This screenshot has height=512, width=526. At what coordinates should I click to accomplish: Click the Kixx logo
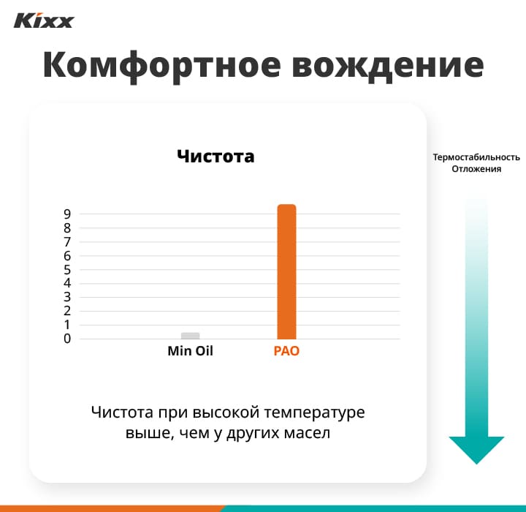(44, 20)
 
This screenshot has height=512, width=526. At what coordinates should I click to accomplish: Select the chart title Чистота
(216, 156)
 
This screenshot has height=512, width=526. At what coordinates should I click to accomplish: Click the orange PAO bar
(286, 271)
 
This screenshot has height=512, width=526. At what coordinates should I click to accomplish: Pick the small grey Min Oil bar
(190, 336)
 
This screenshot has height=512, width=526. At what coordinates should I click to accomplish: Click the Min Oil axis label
(190, 351)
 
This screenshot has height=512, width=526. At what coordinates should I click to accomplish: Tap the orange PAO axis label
(286, 351)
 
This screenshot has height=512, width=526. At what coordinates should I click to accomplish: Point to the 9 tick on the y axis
(66, 214)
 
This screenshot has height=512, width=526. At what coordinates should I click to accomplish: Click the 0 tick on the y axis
(66, 339)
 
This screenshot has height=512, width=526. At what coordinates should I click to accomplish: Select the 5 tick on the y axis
(66, 270)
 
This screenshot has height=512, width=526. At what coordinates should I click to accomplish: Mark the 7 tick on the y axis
(66, 242)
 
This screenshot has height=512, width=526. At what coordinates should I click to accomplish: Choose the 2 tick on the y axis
(66, 311)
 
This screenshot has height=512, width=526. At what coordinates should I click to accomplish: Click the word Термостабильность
(476, 157)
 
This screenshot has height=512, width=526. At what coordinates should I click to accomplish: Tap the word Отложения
(476, 170)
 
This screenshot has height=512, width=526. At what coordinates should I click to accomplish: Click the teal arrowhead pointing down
(476, 448)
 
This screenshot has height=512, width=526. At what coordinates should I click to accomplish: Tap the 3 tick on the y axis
(66, 297)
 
